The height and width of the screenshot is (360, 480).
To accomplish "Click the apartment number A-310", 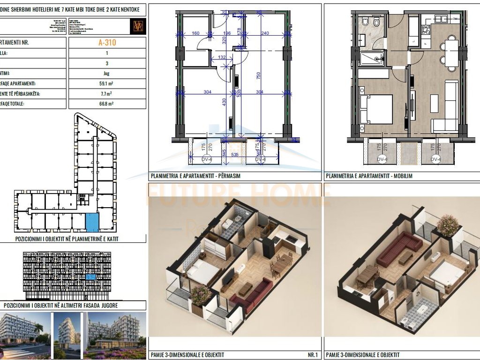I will pyautogui.click(x=107, y=42).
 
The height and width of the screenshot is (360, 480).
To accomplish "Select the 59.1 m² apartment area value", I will pyautogui.click(x=107, y=83).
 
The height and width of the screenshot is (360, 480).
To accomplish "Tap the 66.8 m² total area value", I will pyautogui.click(x=107, y=104).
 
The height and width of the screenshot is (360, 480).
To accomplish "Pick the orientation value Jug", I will pyautogui.click(x=107, y=73).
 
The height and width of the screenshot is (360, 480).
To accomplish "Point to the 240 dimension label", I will pyautogui.click(x=265, y=33).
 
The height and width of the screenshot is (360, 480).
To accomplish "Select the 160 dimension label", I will pyautogui.click(x=195, y=33).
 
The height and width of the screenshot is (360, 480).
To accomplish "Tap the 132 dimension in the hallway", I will pyautogui.click(x=222, y=57).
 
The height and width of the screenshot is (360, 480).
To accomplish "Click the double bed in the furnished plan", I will pyautogui.click(x=377, y=109).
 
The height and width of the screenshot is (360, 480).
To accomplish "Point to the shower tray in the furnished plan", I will pyautogui.click(x=372, y=59).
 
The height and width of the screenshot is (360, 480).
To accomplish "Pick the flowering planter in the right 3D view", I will pyautogui.click(x=448, y=225).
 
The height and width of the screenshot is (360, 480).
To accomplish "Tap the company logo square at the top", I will pyautogui.click(x=138, y=26).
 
